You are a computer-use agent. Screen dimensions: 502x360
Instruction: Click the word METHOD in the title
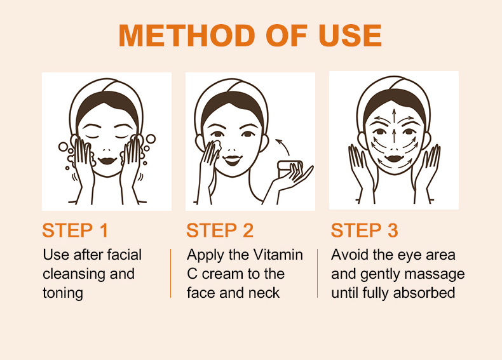187,36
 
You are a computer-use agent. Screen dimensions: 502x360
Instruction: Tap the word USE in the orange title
350,36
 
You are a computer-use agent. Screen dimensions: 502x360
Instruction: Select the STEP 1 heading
75,230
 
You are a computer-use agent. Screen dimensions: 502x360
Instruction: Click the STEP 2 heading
220,230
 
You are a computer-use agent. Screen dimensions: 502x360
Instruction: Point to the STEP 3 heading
364,230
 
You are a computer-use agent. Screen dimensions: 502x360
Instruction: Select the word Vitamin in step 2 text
278,255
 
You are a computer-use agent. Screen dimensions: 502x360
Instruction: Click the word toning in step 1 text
63,293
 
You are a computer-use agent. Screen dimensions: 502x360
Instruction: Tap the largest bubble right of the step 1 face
151,139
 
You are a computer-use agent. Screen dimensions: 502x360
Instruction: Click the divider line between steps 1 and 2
171,273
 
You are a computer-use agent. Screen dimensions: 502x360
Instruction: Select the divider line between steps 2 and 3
317,273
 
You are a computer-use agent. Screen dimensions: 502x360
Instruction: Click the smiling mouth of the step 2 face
233,159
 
